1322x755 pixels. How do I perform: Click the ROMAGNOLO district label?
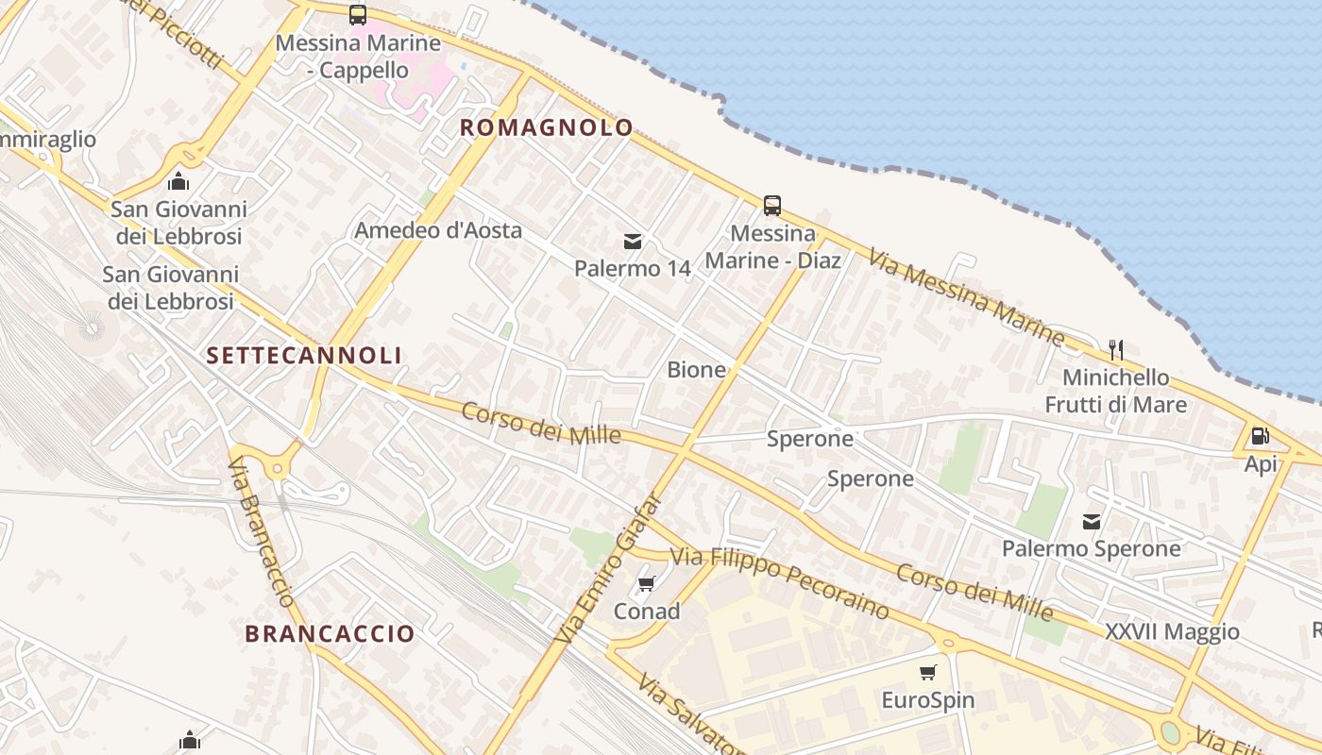click(x=546, y=127)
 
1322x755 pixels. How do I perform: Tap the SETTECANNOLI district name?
click(x=304, y=355)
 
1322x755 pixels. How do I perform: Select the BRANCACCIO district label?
click(x=330, y=633)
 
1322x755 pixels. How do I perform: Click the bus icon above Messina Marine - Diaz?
click(x=772, y=206)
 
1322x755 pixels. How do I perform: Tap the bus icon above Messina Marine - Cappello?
click(x=357, y=15)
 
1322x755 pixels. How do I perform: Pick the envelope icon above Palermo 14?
click(x=633, y=242)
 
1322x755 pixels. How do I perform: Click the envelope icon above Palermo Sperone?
click(x=1092, y=521)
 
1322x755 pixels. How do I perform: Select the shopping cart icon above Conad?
click(x=647, y=584)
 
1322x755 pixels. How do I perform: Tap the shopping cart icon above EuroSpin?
click(x=927, y=673)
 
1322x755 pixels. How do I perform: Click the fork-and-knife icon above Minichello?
click(x=1116, y=350)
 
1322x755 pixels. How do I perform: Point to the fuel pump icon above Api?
click(x=1260, y=436)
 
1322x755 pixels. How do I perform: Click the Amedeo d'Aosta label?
click(x=438, y=230)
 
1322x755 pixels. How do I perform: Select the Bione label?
click(x=697, y=370)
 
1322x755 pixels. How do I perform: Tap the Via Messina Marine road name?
click(x=967, y=295)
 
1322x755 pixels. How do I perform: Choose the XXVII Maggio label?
click(x=1172, y=631)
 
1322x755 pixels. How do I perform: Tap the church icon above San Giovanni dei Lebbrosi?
click(x=178, y=181)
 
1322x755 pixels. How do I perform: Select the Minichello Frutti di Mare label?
click(x=1115, y=391)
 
